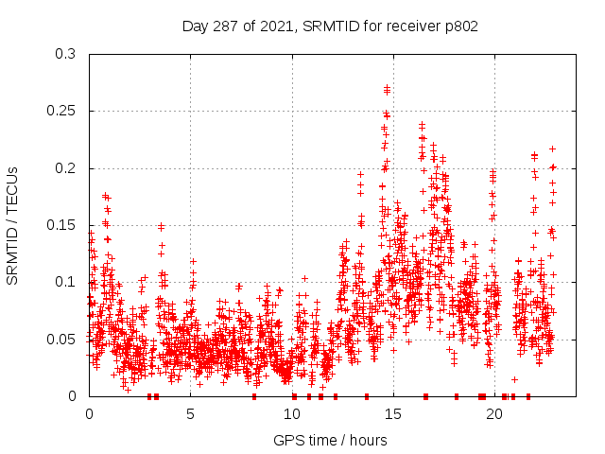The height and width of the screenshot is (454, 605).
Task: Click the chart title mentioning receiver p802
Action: click(330, 26)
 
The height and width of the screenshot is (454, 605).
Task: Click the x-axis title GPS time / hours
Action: click(330, 440)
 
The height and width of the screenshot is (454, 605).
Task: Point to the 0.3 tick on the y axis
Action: click(67, 54)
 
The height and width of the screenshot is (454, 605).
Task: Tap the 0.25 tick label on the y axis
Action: click(63, 111)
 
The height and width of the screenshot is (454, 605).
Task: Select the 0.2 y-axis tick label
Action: click(67, 168)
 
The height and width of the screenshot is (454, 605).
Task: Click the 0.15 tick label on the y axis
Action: click(63, 225)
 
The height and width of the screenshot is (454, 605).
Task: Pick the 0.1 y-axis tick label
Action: click(67, 282)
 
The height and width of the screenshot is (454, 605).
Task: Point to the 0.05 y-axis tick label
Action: click(63, 339)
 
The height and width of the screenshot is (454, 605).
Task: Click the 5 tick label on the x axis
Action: click(191, 413)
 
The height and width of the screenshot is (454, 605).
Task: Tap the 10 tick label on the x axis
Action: click(292, 413)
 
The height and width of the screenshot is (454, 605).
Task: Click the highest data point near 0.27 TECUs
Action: click(387, 88)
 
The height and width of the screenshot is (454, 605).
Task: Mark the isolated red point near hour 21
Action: click(514, 379)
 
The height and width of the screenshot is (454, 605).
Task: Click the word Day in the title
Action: click(195, 26)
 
